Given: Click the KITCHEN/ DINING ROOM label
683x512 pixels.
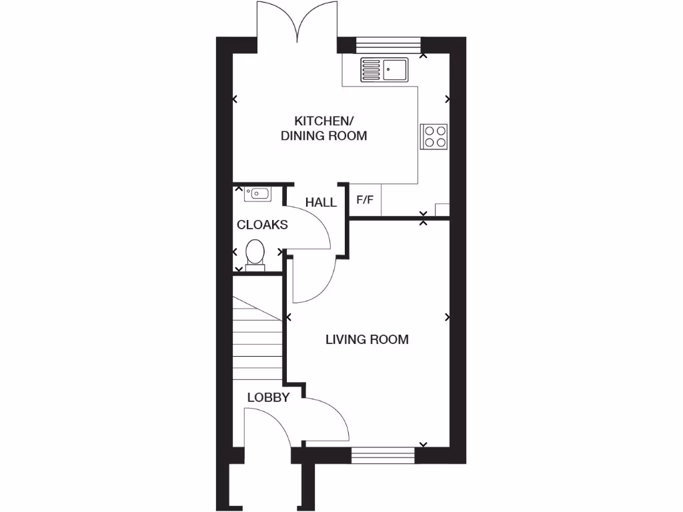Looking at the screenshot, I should pos(323,128).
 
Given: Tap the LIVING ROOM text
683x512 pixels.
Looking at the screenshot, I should pos(367,339).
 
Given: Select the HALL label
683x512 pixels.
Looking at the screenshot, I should pos(321,202).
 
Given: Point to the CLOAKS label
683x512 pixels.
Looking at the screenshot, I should pos(262,225).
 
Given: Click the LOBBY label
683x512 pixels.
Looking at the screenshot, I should pos(268,397).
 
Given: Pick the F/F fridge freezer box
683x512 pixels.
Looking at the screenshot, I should pos(365,200).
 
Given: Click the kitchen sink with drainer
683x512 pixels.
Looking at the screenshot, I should pos(384,69).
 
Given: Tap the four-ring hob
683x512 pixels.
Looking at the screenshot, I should pos(434,136).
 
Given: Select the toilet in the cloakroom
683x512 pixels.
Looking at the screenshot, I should pos(254,255).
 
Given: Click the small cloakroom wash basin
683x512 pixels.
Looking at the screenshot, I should pos(257,194).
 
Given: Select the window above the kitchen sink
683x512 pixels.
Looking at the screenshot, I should pos(388,45).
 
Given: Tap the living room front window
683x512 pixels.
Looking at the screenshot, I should pos(383,455).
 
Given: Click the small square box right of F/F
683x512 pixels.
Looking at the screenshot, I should pos(442,210).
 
